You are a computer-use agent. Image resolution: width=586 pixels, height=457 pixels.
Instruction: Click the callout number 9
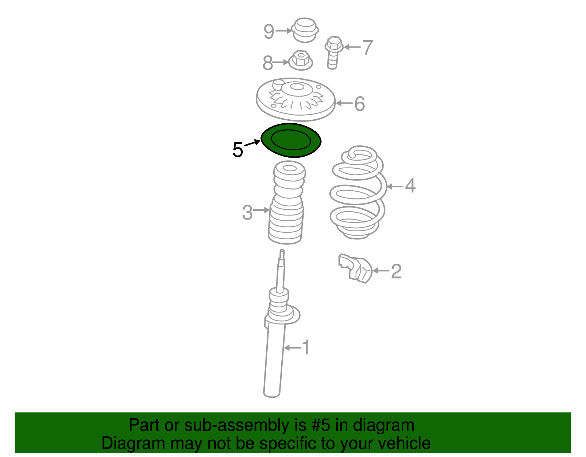coord(269,31)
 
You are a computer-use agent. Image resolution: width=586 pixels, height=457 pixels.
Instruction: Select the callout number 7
coord(367,48)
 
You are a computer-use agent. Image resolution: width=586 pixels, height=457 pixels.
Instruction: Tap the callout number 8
coord(268,63)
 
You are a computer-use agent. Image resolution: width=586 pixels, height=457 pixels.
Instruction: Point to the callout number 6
coord(360,104)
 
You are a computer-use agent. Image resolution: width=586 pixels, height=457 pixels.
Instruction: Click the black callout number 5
coord(238,149)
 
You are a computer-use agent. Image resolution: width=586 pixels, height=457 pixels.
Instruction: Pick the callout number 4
coord(410,186)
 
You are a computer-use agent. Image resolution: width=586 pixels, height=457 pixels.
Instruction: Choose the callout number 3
coord(247,213)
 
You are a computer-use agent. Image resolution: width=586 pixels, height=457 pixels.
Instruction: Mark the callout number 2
coord(396,271)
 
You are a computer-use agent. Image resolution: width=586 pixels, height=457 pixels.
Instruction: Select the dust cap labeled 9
coord(305,30)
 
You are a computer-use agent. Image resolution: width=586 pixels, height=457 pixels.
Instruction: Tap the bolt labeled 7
coord(334,53)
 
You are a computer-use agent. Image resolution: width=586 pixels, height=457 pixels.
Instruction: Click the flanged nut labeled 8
coord(300,60)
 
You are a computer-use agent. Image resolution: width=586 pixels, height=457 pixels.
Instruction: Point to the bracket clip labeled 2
coord(355,268)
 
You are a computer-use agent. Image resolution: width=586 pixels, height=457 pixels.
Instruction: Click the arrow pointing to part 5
coord(252,143)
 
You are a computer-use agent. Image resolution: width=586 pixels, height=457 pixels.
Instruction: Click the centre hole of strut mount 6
coord(297,86)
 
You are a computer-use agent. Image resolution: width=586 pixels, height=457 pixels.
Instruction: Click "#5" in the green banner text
coord(320,425)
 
